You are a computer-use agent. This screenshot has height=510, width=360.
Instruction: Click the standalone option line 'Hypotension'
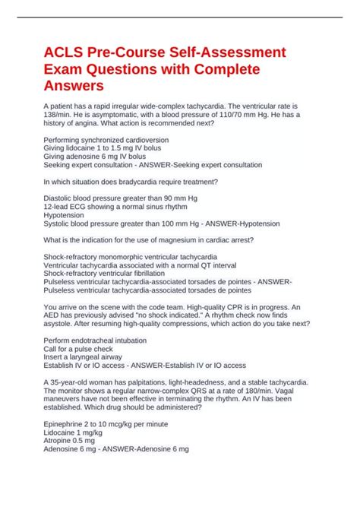tap(68, 215)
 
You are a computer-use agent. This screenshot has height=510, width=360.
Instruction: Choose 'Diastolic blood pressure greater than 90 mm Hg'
tap(120, 198)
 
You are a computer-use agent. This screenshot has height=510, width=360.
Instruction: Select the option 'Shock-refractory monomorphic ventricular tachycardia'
tap(147, 257)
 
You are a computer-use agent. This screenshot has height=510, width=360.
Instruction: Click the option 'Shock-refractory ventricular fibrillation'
tap(115, 273)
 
